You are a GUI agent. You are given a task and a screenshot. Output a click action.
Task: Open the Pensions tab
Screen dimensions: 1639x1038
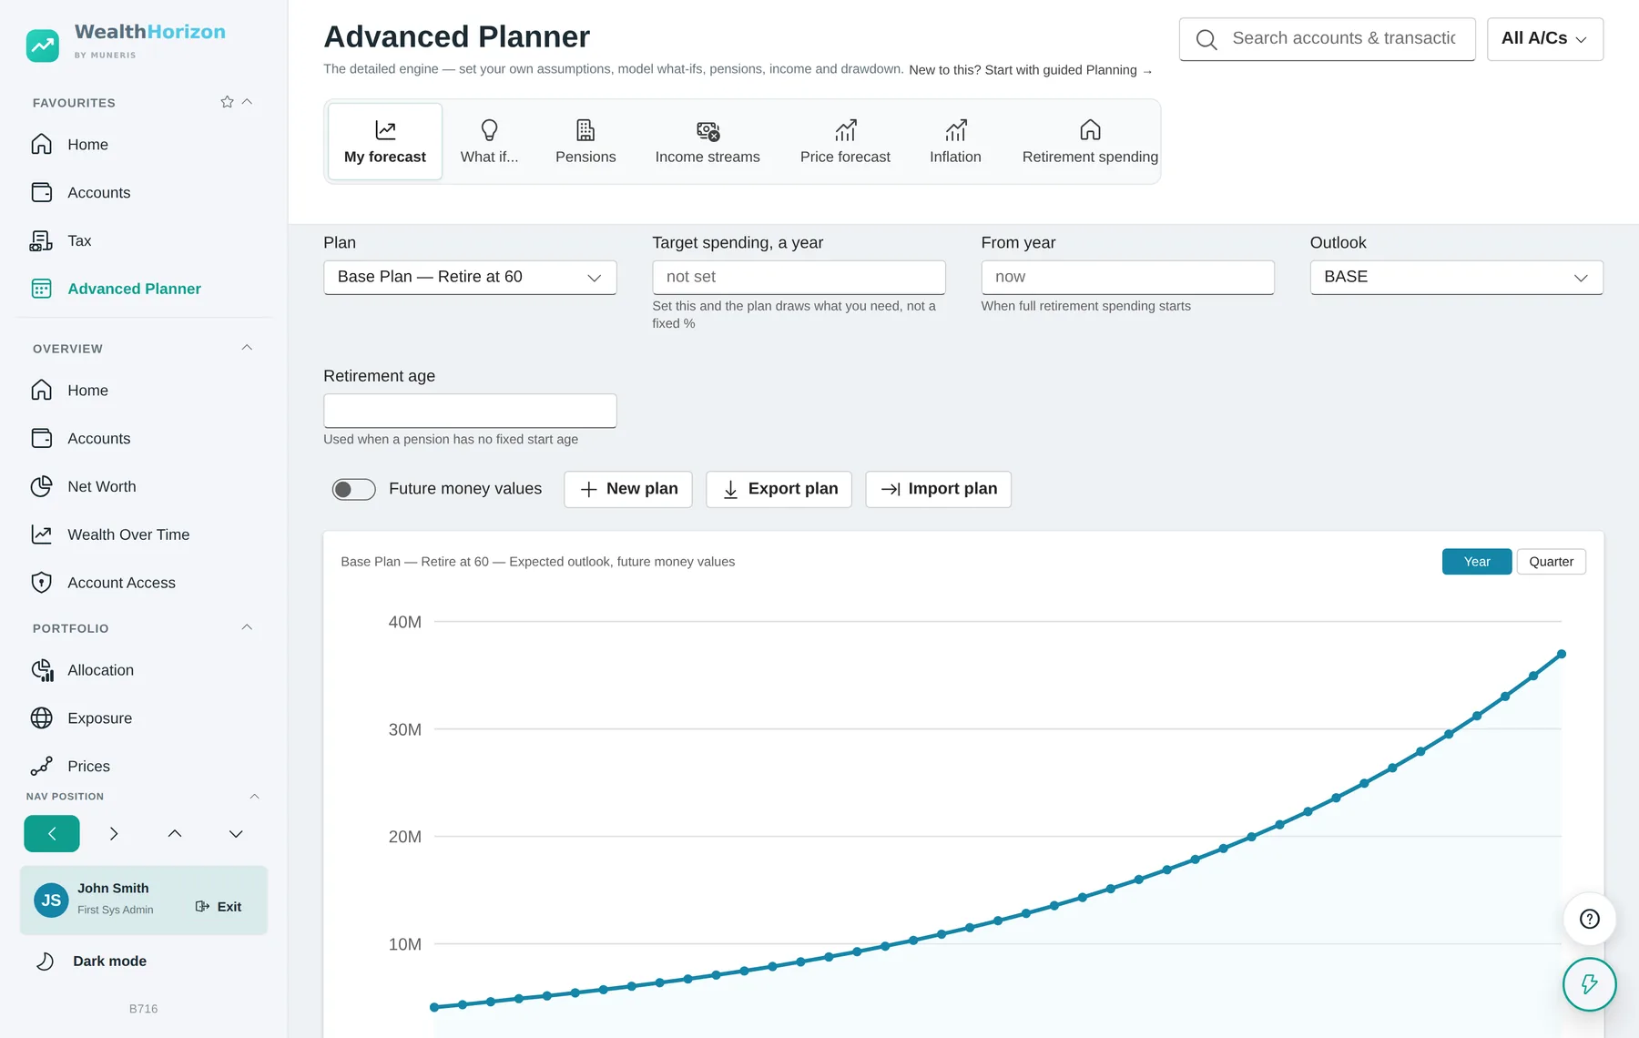(x=585, y=142)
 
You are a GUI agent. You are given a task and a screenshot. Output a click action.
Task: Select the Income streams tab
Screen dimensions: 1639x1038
(x=708, y=142)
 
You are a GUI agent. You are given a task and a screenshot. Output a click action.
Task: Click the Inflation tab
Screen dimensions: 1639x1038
(x=955, y=142)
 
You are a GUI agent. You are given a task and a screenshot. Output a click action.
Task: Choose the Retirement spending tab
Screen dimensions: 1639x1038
(x=1090, y=142)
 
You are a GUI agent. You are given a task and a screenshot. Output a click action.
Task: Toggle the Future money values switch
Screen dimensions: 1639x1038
(x=353, y=490)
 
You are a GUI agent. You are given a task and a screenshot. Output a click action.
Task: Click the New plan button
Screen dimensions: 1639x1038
(x=628, y=489)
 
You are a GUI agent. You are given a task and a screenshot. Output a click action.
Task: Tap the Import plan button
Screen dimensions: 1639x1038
(x=938, y=489)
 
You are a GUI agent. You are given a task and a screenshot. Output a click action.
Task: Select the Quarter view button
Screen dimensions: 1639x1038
(x=1551, y=562)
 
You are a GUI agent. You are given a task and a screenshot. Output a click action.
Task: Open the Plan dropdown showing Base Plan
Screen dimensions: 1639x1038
(x=470, y=278)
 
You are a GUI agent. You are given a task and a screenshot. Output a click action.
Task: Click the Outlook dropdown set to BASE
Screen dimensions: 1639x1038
(x=1456, y=278)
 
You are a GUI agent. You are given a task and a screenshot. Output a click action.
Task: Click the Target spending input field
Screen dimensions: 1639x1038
(x=799, y=278)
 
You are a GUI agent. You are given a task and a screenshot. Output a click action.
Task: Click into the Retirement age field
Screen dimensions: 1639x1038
(x=470, y=411)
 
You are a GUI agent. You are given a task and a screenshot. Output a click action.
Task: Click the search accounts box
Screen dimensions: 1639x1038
(x=1327, y=39)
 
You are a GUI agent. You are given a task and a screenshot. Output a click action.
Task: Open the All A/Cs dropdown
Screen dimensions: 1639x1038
(x=1544, y=39)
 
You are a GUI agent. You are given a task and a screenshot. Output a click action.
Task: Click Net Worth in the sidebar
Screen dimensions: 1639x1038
(x=102, y=487)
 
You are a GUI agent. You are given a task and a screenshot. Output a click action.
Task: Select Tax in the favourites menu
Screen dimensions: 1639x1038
(x=79, y=241)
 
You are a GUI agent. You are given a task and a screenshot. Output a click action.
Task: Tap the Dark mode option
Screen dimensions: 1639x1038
(x=109, y=962)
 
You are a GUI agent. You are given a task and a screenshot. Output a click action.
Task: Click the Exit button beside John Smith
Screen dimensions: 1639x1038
(x=219, y=907)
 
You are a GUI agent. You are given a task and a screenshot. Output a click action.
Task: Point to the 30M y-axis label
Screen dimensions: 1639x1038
(x=405, y=730)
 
